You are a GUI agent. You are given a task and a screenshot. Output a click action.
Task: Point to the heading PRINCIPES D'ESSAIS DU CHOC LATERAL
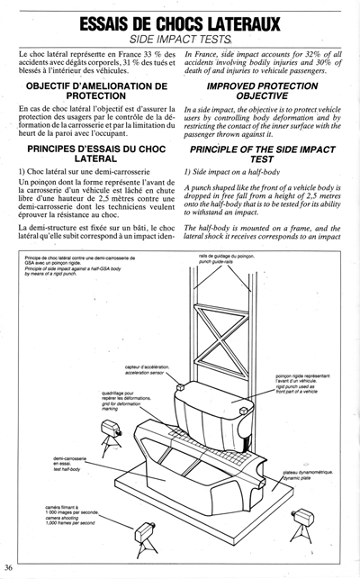[94, 175]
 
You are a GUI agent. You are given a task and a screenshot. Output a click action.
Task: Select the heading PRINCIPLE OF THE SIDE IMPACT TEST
[265, 175]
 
